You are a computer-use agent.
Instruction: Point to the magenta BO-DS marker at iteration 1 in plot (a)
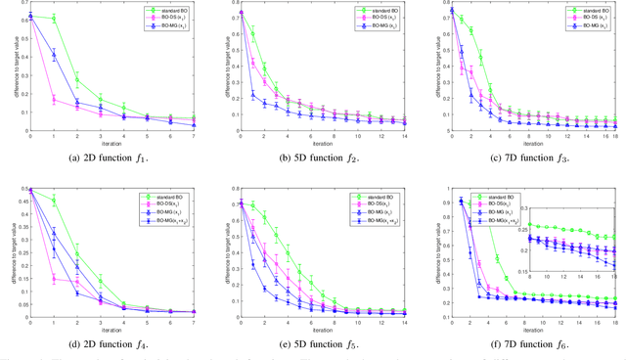coord(53,99)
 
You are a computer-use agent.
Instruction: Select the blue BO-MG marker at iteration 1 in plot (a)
coord(53,55)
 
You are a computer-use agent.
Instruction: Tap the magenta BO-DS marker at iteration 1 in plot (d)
coord(53,279)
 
